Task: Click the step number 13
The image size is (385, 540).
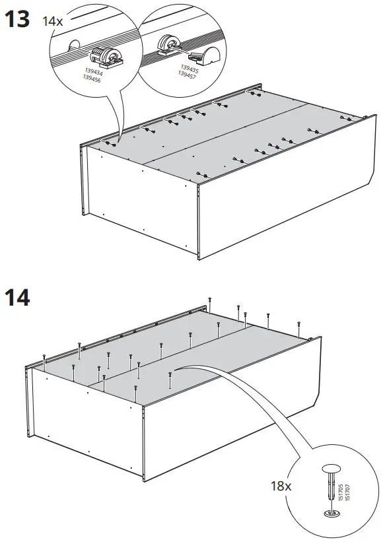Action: point(18,20)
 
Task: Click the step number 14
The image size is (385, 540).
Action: point(18,298)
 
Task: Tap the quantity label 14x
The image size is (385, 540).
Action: point(52,21)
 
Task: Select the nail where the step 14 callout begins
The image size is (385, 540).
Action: point(170,378)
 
